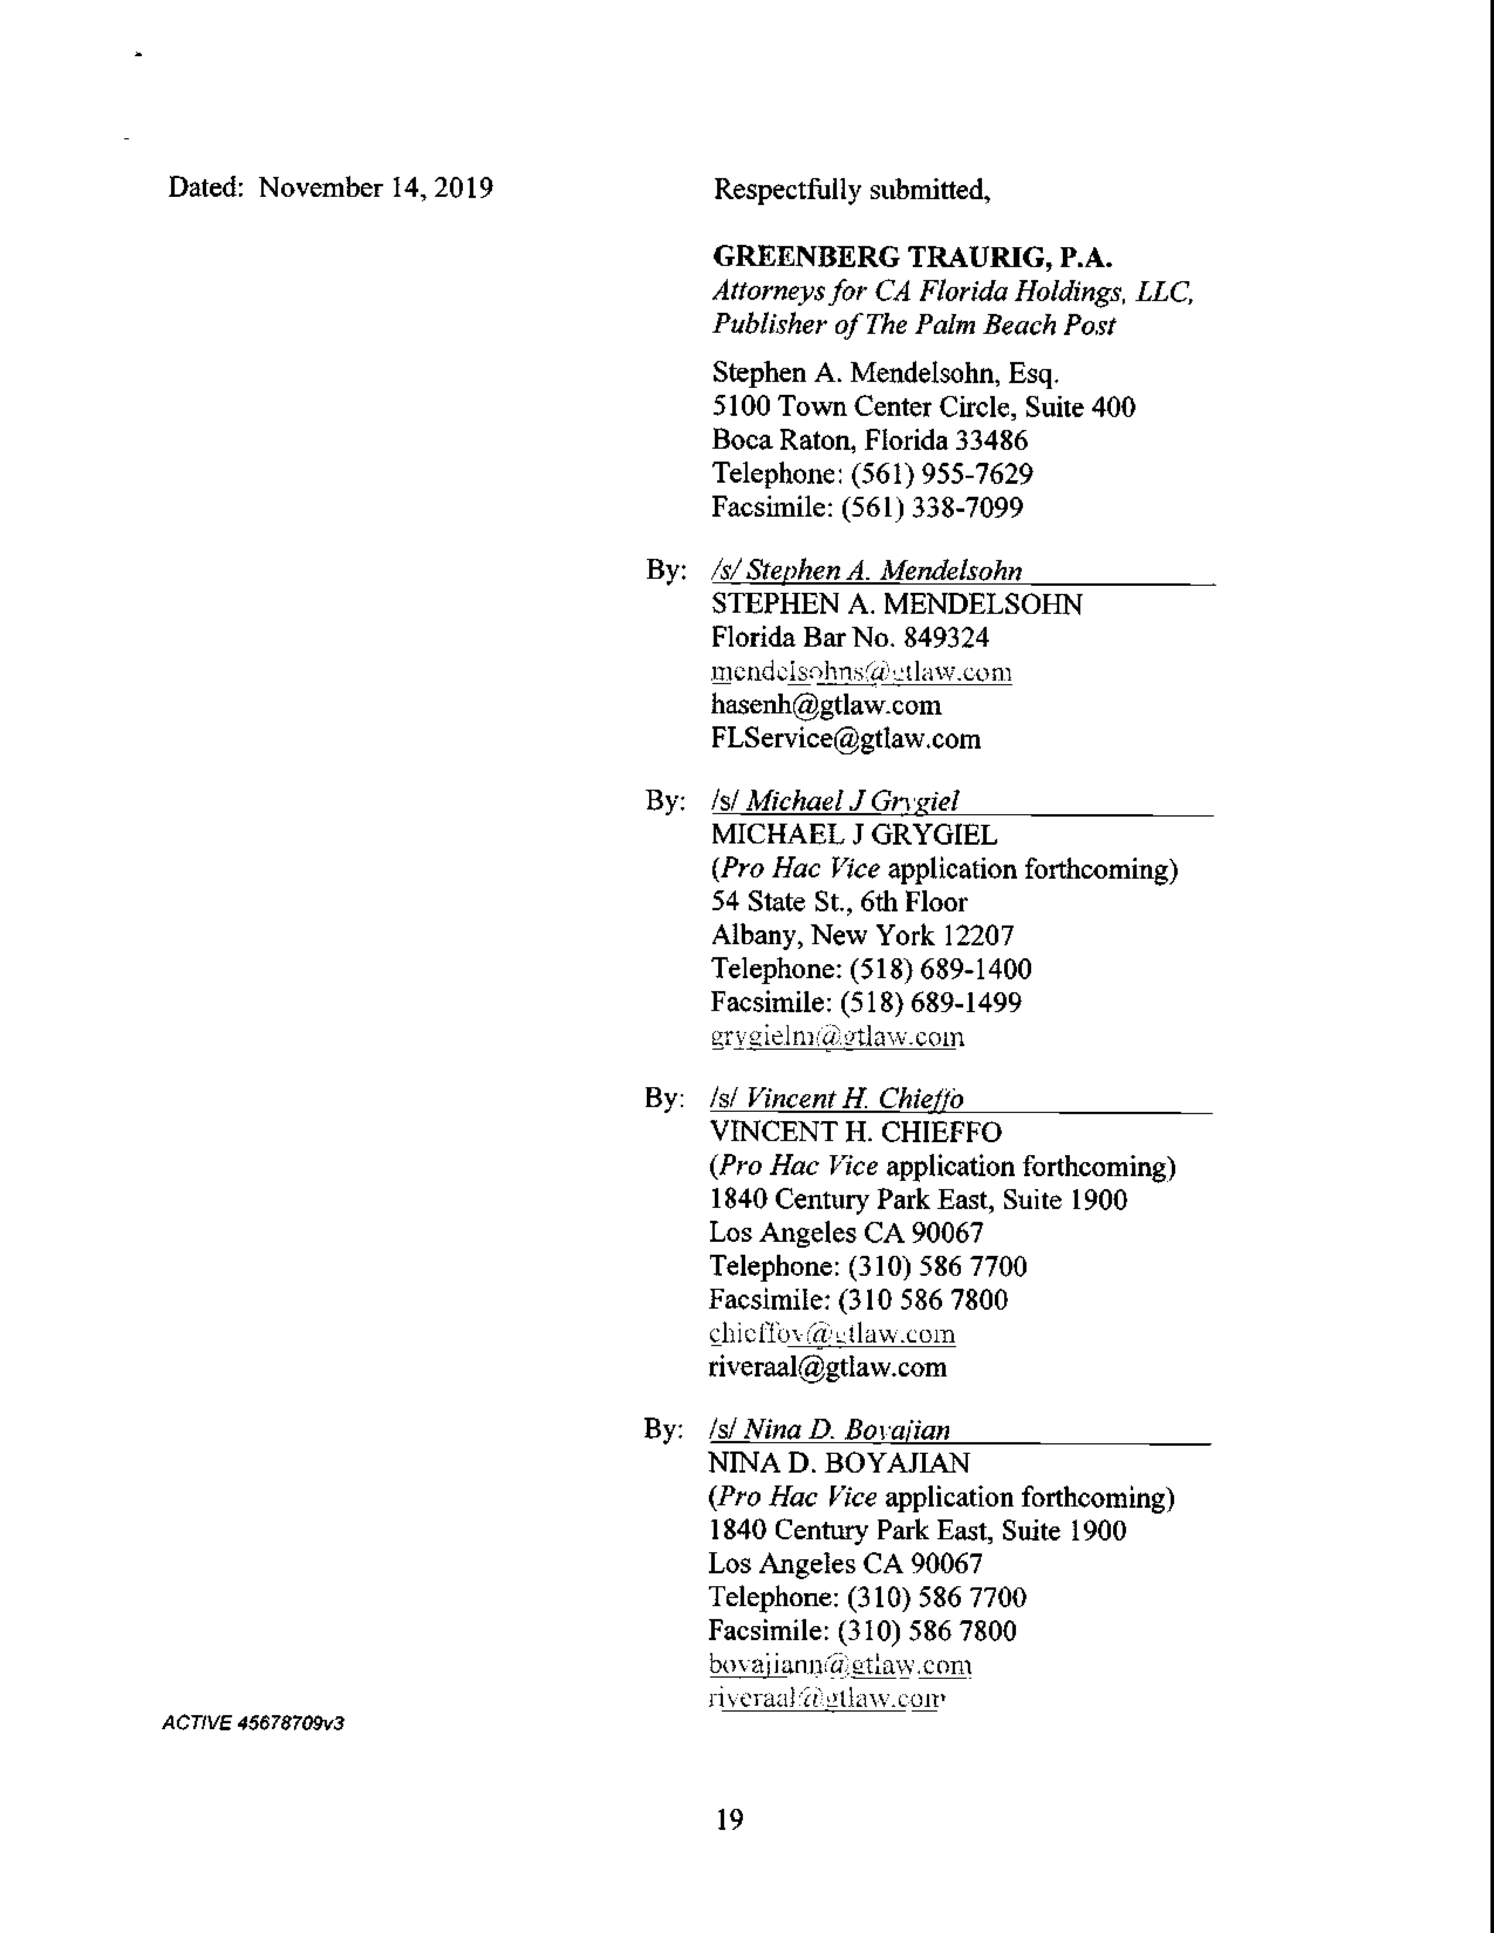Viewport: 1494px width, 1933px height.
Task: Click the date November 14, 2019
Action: tap(376, 187)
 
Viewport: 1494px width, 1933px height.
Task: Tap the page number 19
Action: tap(729, 1820)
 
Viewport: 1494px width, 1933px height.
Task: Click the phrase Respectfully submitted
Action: tap(851, 189)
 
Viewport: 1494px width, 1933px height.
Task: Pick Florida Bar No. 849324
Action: tap(850, 637)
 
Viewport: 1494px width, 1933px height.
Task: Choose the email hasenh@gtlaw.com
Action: tap(826, 705)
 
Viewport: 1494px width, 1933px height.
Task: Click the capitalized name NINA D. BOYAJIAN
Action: tap(838, 1463)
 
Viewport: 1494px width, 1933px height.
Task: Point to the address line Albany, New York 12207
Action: tap(862, 935)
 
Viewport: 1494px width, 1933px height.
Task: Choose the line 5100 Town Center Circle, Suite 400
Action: tap(923, 407)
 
